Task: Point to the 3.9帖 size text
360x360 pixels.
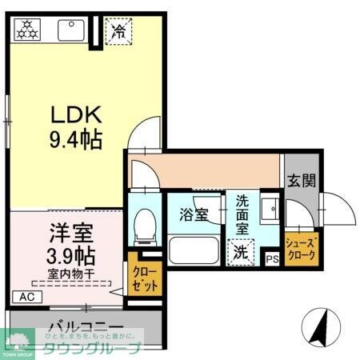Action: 69,257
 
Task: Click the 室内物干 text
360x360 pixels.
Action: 69,274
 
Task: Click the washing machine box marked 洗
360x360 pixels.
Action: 240,252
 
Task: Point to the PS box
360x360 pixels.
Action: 271,258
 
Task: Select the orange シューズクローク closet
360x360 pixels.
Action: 302,249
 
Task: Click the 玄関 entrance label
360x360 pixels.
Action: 302,180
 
